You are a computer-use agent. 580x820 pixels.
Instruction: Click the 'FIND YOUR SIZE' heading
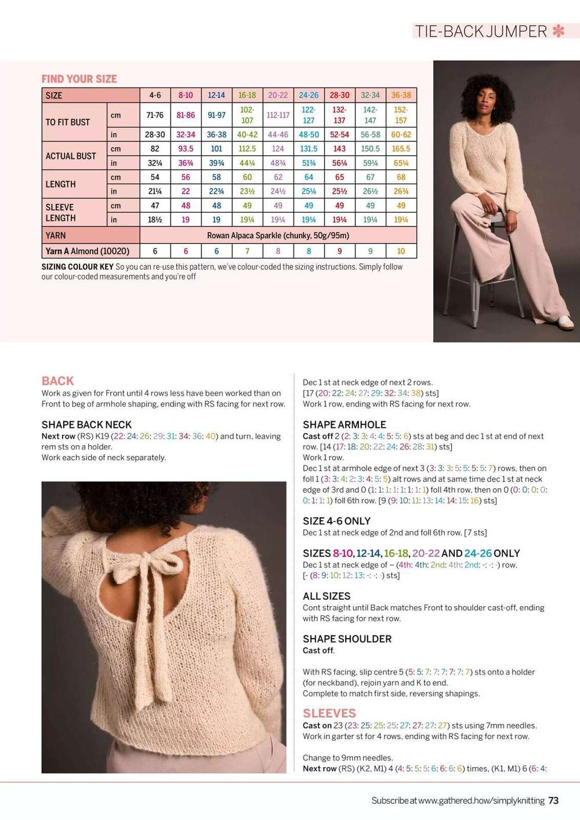(79, 79)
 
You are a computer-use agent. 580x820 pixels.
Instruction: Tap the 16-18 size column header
(247, 95)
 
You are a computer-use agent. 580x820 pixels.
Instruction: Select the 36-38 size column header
(401, 95)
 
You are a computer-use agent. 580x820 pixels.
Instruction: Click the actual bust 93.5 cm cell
(186, 149)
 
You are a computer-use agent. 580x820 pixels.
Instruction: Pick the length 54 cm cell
(155, 177)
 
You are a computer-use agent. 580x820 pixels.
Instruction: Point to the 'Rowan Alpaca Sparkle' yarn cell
(278, 235)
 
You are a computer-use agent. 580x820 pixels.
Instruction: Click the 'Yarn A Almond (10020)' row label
(88, 251)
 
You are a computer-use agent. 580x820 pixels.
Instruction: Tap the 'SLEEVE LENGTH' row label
(60, 212)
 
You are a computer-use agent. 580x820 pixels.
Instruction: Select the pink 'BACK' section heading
(57, 381)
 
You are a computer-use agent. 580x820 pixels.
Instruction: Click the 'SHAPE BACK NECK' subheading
(86, 425)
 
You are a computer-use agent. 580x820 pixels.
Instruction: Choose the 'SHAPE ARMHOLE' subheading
(344, 425)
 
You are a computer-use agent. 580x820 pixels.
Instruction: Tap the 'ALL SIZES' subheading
(327, 596)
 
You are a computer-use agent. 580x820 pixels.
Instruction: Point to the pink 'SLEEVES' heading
(329, 713)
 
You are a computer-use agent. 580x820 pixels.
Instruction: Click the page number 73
(553, 800)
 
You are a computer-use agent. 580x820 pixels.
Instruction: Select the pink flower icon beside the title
(559, 31)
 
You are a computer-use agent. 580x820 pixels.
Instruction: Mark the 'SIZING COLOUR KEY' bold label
(77, 267)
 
